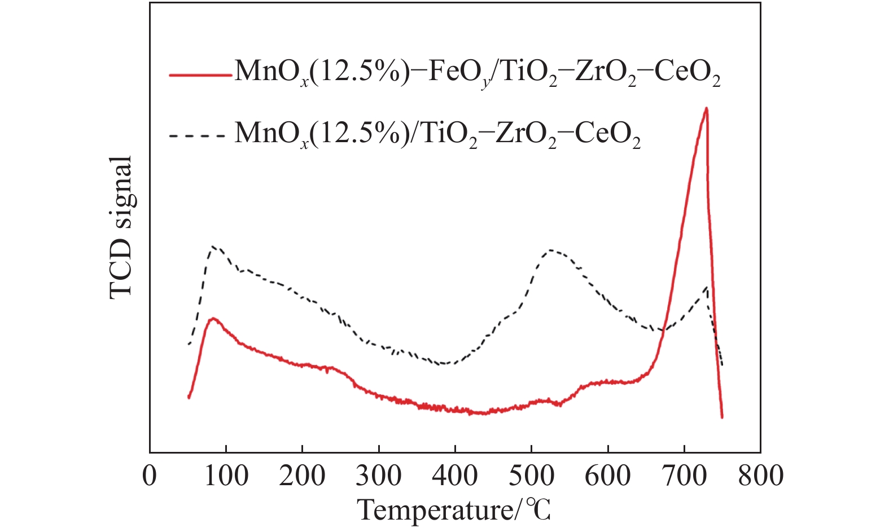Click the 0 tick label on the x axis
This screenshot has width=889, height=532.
(150, 476)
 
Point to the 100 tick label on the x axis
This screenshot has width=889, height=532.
(226, 476)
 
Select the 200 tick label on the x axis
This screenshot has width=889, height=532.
(302, 476)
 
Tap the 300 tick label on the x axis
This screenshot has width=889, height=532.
(379, 476)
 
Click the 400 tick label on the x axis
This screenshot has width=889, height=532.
(455, 476)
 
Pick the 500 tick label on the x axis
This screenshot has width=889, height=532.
(531, 476)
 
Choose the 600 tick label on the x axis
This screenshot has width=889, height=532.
(608, 476)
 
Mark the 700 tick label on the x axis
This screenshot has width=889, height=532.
(684, 476)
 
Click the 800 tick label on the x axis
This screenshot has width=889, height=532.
(760, 476)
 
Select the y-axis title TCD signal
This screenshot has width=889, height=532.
(121, 227)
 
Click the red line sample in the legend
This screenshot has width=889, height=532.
(200, 74)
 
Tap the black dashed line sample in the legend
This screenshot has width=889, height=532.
(200, 135)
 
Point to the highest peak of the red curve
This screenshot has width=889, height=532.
(706, 108)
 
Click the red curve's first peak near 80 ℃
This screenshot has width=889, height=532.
(213, 319)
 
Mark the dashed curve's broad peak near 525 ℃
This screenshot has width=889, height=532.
(550, 250)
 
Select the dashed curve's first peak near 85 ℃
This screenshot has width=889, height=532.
(213, 247)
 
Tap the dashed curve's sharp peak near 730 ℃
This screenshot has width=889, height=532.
(706, 287)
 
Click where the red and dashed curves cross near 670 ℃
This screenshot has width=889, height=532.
(662, 332)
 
